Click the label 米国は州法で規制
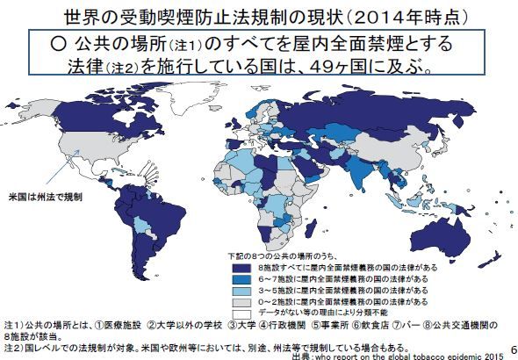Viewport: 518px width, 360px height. pos(45,197)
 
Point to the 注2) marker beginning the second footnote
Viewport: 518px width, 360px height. pos(13,346)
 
